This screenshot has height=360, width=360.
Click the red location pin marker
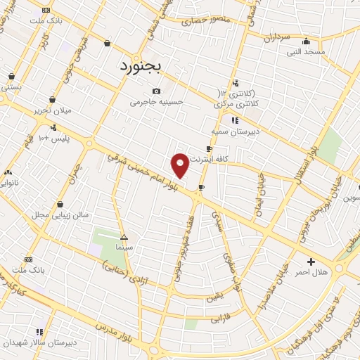(x=180, y=165)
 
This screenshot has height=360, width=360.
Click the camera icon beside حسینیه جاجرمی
(x=156, y=91)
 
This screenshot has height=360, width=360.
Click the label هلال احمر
(x=311, y=272)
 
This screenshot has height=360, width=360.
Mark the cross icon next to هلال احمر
(x=311, y=262)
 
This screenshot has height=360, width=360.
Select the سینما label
(x=124, y=248)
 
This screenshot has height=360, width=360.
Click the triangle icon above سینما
(x=124, y=238)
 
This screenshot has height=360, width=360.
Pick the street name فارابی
(x=220, y=318)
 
